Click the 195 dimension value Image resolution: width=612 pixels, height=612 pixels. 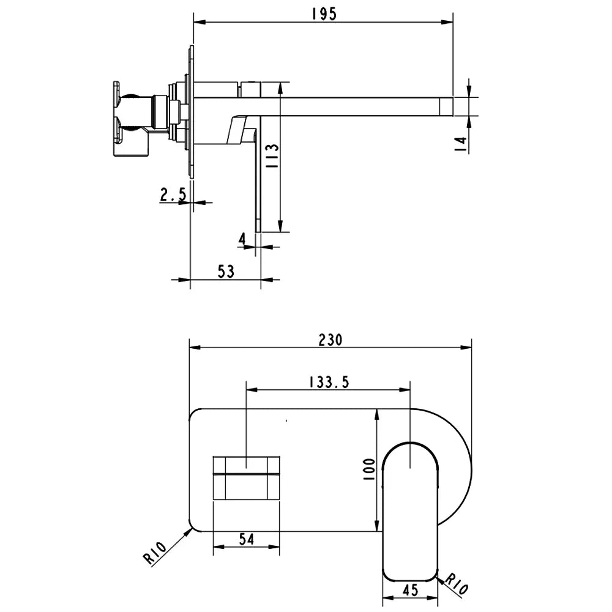[324, 14]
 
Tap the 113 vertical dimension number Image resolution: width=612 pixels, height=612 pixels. [272, 156]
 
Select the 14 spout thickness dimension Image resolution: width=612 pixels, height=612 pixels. [461, 144]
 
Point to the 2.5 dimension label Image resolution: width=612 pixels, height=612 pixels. [173, 195]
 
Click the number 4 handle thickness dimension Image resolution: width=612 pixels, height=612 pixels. [242, 239]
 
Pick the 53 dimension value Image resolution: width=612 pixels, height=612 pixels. [226, 272]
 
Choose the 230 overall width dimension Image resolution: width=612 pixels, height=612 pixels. [330, 340]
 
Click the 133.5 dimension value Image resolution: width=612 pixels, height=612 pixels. [329, 382]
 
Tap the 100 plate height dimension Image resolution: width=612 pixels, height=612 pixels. [369, 469]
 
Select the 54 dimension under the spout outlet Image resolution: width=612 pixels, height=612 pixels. [246, 539]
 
